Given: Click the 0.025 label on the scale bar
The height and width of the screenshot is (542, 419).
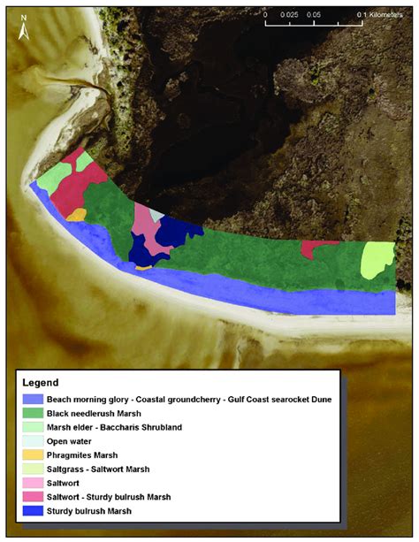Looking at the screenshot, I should (288, 16).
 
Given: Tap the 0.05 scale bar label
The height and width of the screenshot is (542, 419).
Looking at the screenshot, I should (314, 16).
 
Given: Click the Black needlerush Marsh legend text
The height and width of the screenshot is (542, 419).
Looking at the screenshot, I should (93, 412).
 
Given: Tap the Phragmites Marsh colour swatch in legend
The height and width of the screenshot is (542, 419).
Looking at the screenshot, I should (32, 454).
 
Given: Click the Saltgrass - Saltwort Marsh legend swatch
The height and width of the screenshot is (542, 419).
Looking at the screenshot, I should (32, 468).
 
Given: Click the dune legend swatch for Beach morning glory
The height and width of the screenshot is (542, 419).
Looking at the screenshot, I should (32, 399).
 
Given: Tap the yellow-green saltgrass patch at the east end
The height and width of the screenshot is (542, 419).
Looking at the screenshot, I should (377, 262).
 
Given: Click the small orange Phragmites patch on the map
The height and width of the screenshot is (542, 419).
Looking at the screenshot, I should (76, 214).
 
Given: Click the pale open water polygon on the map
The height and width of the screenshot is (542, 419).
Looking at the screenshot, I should (156, 213).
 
